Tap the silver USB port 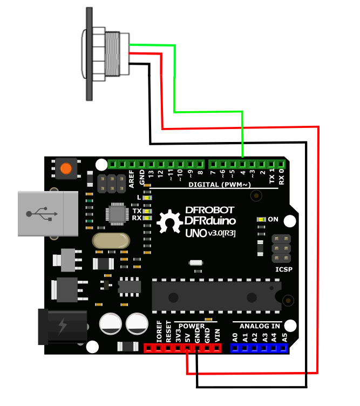click(x=41, y=213)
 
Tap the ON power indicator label click(x=273, y=220)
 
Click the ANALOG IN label click(x=260, y=326)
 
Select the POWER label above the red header click(x=192, y=326)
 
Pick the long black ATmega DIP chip click(x=216, y=296)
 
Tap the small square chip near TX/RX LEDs click(x=117, y=213)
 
